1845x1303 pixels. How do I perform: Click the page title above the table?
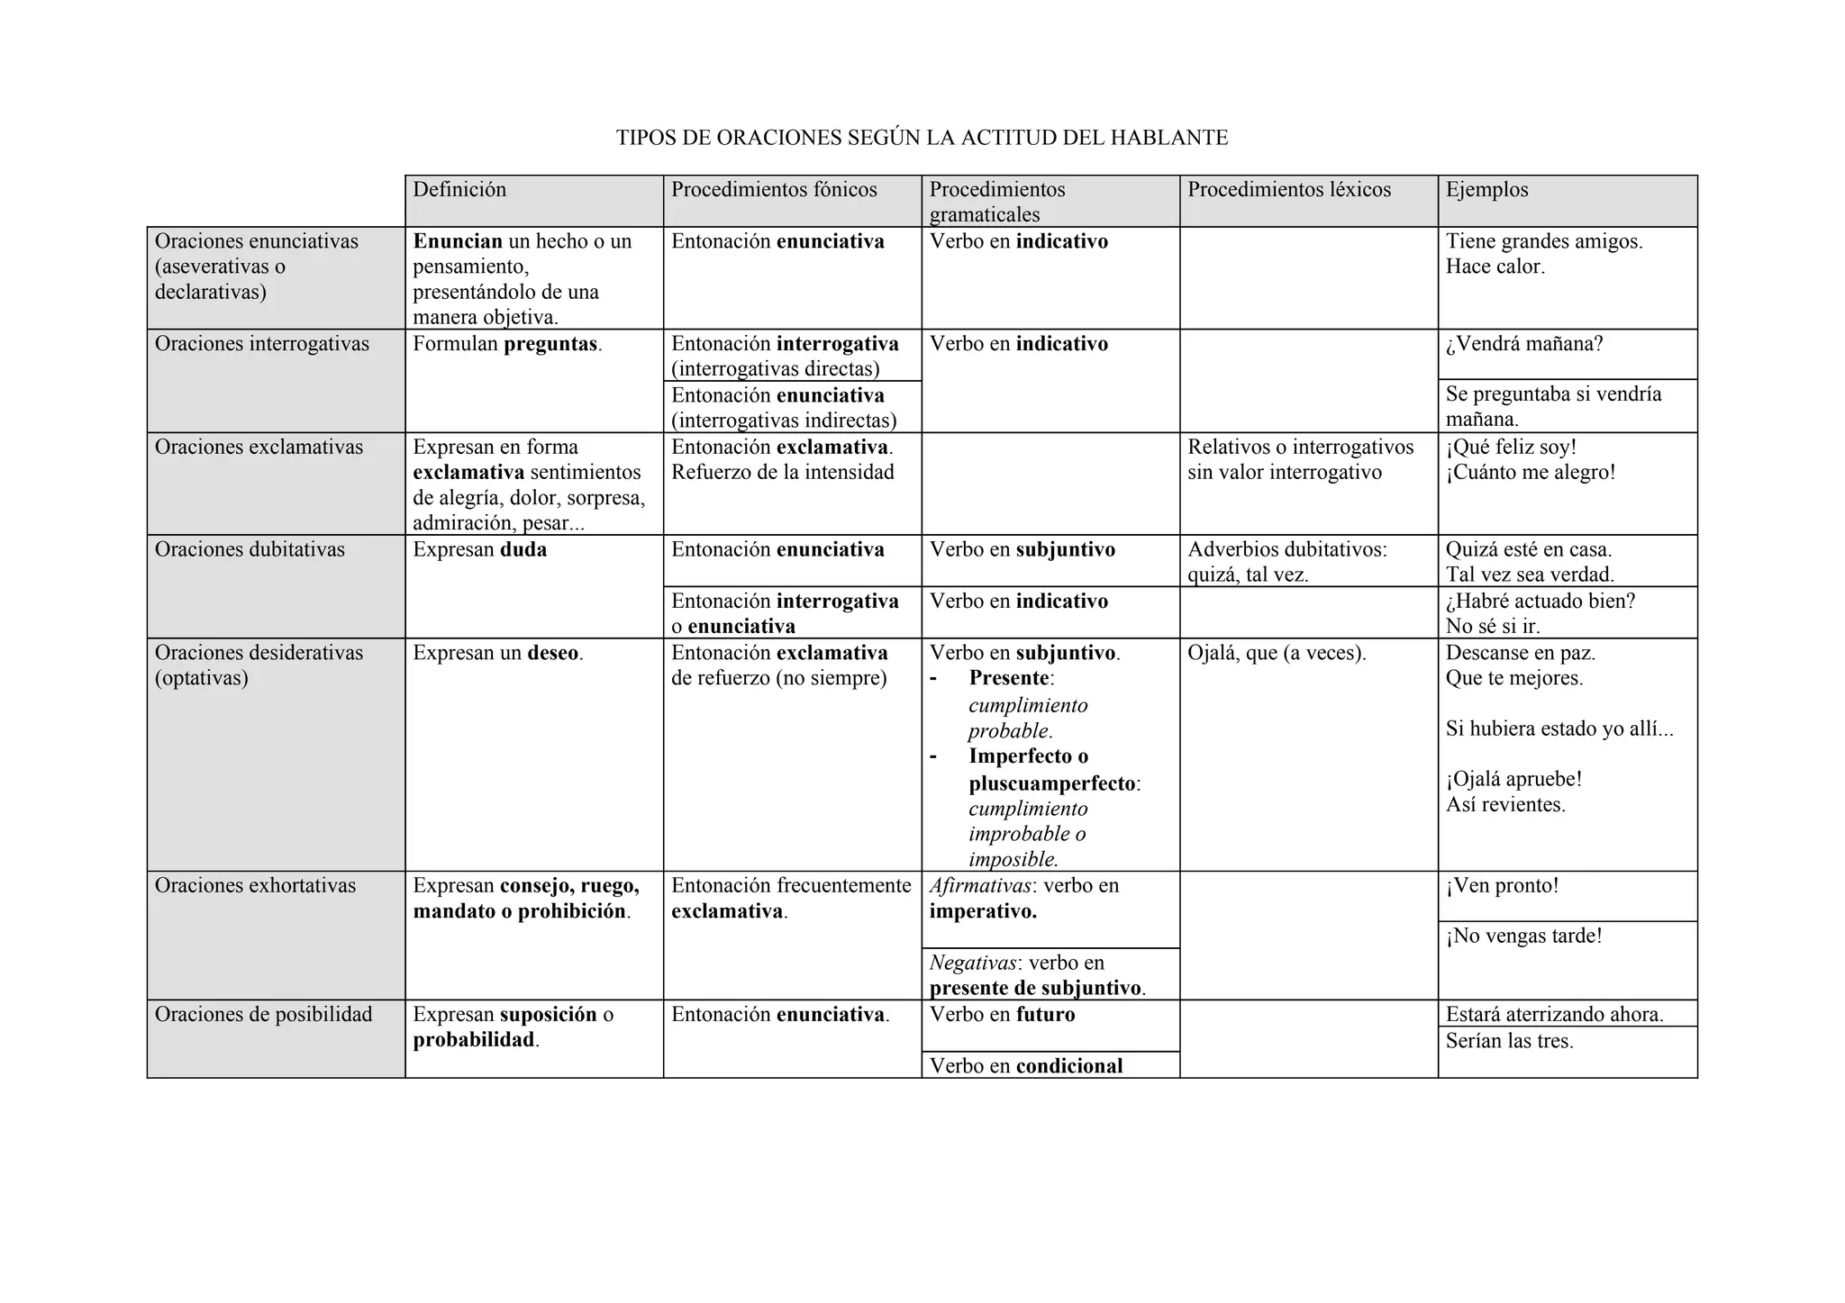pos(922,138)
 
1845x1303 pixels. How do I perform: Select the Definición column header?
pos(459,190)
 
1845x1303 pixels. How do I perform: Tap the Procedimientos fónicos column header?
pos(774,190)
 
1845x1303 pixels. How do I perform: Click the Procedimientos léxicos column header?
pos(1289,190)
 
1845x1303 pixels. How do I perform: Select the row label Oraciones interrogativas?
pos(262,344)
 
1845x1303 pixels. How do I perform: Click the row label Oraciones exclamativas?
pos(259,448)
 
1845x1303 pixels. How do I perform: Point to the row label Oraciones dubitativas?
pos(250,550)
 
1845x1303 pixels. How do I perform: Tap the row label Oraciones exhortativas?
pos(255,886)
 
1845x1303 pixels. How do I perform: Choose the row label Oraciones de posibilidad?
pos(263,1015)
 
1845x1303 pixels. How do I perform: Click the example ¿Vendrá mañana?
pos(1524,344)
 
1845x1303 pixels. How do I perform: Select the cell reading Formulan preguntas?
pos(507,344)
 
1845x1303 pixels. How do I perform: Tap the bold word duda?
pos(523,550)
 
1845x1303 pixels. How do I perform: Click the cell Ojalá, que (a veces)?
pos(1277,653)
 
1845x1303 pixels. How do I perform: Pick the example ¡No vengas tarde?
pos(1524,937)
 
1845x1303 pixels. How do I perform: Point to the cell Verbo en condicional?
pos(1026,1066)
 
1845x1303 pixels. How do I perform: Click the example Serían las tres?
pos(1509,1042)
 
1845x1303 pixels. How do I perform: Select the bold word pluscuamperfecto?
pos(1052,783)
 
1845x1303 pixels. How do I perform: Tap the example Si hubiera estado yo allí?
pos(1559,729)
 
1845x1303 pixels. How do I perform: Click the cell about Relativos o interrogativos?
pos(1300,460)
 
